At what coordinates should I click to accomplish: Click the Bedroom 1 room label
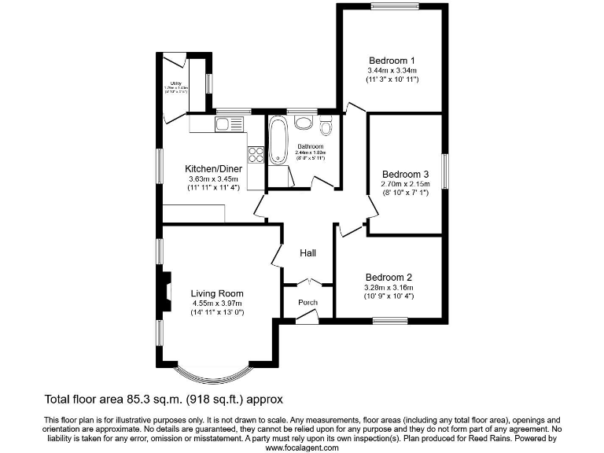click(392, 61)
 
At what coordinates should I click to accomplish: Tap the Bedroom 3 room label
click(405, 174)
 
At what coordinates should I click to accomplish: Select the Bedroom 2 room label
click(389, 277)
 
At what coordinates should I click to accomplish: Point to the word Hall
click(308, 253)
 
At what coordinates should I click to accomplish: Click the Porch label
click(308, 303)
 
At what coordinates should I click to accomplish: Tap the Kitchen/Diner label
click(213, 168)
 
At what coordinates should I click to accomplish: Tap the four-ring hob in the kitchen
click(256, 155)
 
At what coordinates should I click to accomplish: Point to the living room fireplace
click(167, 289)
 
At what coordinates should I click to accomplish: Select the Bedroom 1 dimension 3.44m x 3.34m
click(392, 71)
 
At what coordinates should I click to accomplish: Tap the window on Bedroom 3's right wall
click(445, 173)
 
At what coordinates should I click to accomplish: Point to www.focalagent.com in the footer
click(302, 447)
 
